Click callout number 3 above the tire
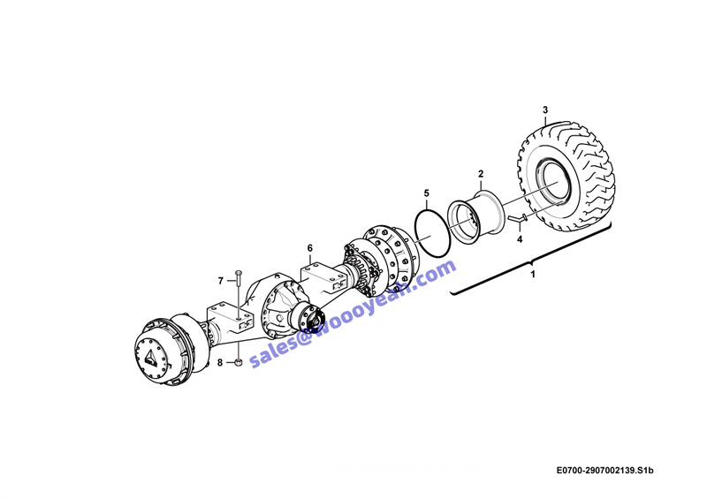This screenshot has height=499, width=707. (545, 110)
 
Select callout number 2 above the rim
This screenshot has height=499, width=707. (481, 174)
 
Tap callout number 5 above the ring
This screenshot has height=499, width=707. (427, 193)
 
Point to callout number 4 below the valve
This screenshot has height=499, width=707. (520, 239)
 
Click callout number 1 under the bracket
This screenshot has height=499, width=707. (533, 274)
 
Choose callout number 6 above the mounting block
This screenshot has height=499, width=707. (310, 248)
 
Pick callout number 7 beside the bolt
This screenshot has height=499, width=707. (220, 281)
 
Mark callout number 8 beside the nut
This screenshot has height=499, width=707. (220, 362)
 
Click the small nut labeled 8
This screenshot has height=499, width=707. (239, 362)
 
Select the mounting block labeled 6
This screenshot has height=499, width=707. (323, 278)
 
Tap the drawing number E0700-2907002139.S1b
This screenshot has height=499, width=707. (604, 471)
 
